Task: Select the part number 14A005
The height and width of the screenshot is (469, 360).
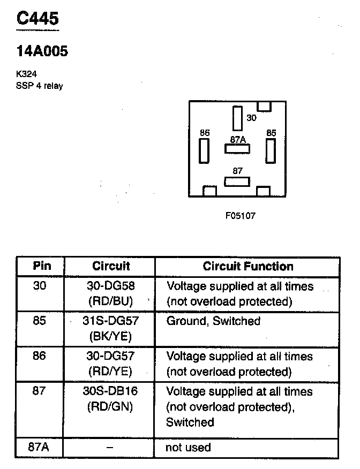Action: (x=42, y=52)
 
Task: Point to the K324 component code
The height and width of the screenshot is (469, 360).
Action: (x=26, y=74)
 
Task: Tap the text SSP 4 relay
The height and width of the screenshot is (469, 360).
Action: (x=39, y=86)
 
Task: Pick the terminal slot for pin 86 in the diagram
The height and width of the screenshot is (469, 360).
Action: (x=204, y=150)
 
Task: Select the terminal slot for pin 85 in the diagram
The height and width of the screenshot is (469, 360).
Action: (x=270, y=150)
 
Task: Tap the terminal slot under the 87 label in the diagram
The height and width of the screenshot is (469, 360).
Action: (x=237, y=181)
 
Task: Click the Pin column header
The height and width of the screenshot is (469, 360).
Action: (x=41, y=266)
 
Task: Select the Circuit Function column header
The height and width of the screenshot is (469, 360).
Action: (x=247, y=266)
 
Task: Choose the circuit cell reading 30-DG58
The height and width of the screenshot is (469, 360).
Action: (x=110, y=286)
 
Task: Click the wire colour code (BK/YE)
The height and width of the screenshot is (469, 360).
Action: (x=110, y=336)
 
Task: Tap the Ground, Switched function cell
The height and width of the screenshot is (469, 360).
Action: (x=213, y=321)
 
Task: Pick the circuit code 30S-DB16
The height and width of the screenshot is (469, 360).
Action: (x=110, y=391)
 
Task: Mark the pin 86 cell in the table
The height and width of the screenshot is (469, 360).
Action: (x=40, y=356)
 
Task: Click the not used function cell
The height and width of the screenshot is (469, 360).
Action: (x=188, y=447)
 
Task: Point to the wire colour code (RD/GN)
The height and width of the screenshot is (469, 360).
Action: (x=110, y=407)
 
